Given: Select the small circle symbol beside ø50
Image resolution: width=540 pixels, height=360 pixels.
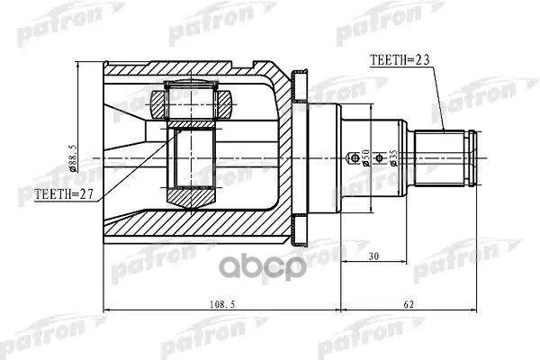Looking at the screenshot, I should (x=353, y=159).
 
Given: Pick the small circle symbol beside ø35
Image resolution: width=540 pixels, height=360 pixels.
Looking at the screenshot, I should (x=380, y=159).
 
